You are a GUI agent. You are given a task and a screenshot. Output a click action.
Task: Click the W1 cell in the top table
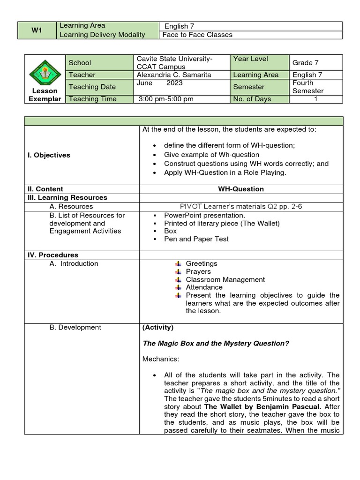(x=37, y=30)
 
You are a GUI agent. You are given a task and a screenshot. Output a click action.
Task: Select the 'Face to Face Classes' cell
(x=197, y=35)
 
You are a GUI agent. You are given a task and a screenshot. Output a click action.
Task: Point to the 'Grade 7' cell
(x=305, y=63)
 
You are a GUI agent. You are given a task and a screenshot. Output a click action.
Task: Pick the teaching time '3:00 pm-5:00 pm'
(x=166, y=99)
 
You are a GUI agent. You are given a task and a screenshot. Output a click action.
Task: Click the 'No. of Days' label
(x=252, y=99)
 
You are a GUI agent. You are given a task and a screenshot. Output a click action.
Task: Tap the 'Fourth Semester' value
(x=308, y=87)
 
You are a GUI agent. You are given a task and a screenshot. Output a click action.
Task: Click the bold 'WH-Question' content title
(x=241, y=189)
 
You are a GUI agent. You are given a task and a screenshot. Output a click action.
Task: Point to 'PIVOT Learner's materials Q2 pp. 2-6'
(x=241, y=206)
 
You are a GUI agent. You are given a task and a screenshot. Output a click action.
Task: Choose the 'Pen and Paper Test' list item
(x=196, y=239)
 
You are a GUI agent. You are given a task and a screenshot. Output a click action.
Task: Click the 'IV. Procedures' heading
(x=52, y=255)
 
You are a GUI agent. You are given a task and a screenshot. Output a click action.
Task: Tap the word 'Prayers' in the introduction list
(x=198, y=271)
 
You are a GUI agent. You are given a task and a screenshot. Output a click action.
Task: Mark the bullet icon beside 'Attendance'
(x=178, y=287)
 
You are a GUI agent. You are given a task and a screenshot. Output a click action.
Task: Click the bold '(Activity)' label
(x=158, y=327)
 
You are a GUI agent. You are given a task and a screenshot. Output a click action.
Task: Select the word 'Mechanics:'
(x=160, y=360)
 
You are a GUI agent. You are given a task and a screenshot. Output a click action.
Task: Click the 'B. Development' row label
(x=75, y=327)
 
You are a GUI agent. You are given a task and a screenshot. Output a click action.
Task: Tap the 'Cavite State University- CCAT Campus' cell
(x=174, y=63)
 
